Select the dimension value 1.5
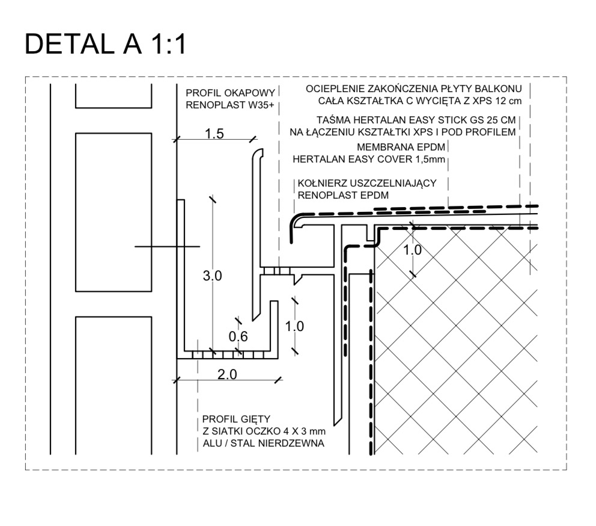pyautogui.click(x=214, y=134)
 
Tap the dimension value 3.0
pyautogui.click(x=213, y=276)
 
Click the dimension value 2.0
pyautogui.click(x=227, y=374)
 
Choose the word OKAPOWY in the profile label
pyautogui.click(x=252, y=94)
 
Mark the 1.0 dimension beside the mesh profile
pyautogui.click(x=294, y=326)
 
